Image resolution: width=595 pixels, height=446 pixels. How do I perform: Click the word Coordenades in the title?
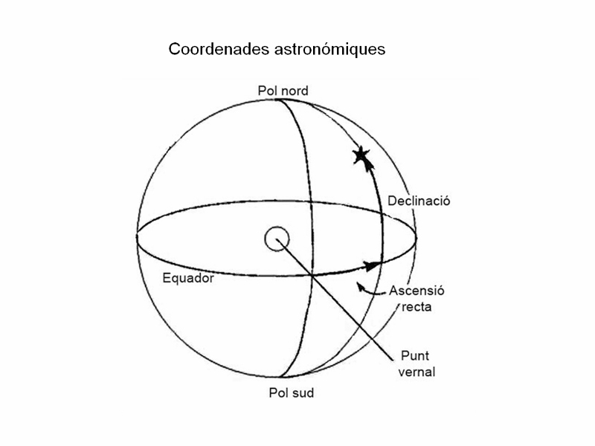tap(219, 49)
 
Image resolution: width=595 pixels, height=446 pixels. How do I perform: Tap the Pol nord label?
tap(283, 91)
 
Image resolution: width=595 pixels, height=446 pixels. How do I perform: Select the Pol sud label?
tap(292, 392)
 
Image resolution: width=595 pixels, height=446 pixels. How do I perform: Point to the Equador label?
tap(188, 278)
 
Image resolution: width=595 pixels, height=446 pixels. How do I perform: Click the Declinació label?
tap(419, 201)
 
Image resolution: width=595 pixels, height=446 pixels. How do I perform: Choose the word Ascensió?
tap(416, 291)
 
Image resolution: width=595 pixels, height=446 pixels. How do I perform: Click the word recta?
tap(416, 307)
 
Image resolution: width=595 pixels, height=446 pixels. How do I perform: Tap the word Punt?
tap(415, 356)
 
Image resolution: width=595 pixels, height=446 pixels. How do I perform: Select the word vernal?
tap(416, 372)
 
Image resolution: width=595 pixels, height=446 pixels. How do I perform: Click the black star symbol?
tap(361, 155)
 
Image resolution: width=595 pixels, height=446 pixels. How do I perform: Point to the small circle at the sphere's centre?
tap(277, 239)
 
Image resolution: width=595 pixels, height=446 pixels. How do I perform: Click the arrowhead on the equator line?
tap(372, 265)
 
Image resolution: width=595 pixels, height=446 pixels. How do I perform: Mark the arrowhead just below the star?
tap(367, 164)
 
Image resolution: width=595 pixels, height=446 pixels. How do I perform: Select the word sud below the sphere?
tap(303, 392)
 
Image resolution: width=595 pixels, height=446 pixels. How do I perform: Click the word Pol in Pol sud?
tap(277, 392)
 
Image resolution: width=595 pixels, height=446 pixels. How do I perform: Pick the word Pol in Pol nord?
tap(267, 91)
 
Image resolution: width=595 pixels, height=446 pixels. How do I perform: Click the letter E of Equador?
tap(166, 278)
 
